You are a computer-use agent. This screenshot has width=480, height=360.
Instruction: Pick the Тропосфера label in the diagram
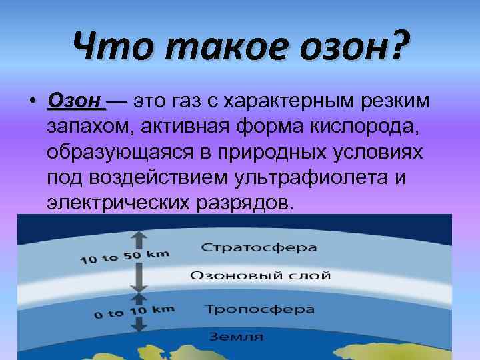pyautogui.click(x=259, y=309)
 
